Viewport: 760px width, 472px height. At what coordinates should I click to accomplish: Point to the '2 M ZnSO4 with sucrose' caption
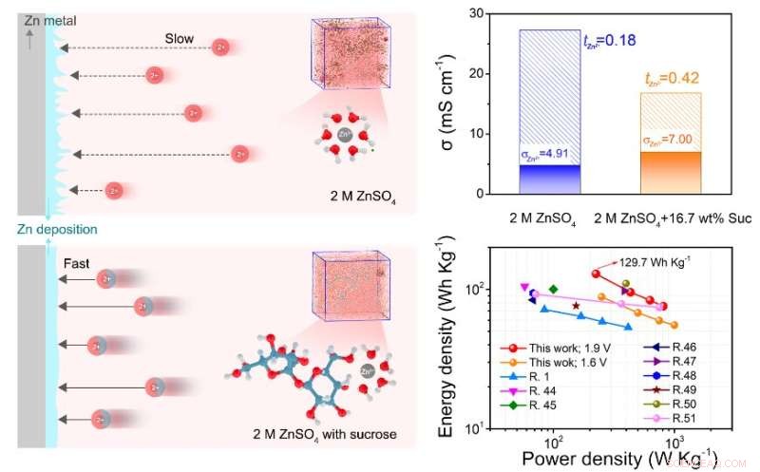324,435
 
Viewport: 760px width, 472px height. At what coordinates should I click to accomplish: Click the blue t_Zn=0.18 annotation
609,40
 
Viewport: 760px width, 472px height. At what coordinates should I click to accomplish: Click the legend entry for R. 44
544,390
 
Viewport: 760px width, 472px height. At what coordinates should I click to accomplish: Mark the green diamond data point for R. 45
553,288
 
